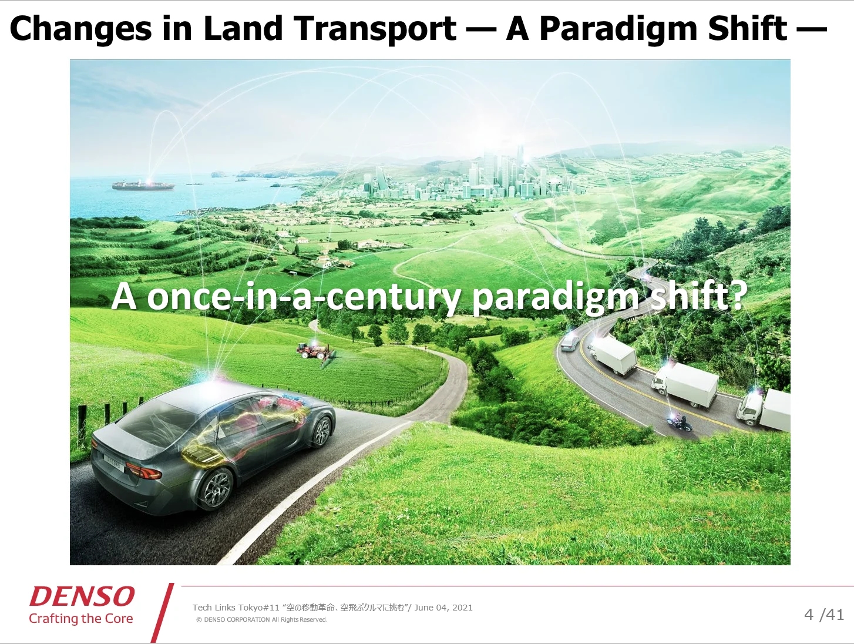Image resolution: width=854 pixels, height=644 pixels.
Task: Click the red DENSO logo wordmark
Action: pyautogui.click(x=82, y=596)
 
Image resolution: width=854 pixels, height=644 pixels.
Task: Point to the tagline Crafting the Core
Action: pyautogui.click(x=81, y=619)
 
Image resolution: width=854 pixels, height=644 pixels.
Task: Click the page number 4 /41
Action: pyautogui.click(x=824, y=615)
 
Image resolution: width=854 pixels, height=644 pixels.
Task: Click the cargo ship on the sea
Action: pyautogui.click(x=143, y=185)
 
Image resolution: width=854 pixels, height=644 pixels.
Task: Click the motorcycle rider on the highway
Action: pyautogui.click(x=680, y=424)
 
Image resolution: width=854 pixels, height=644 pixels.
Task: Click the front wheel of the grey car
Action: pyautogui.click(x=322, y=430)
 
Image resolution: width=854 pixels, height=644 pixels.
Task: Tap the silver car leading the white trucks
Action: pyautogui.click(x=570, y=342)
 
